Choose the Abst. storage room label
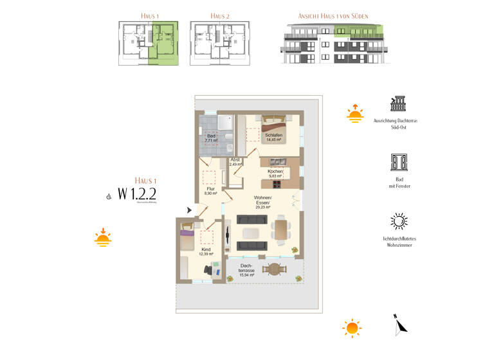click(x=235, y=161)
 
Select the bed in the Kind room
click(x=187, y=238)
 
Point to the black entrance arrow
click(x=189, y=210)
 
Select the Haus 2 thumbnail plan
click(x=219, y=42)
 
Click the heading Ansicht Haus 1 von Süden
click(x=333, y=15)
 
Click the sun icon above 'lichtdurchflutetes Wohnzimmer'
click(x=399, y=221)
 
